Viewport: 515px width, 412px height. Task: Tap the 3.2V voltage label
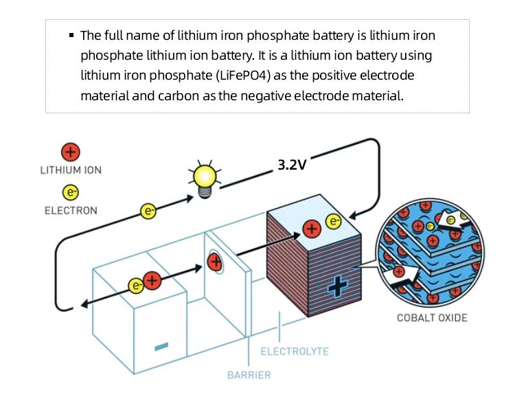292,165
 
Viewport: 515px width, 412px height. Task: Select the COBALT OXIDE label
432,317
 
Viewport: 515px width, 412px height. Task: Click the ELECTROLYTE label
295,352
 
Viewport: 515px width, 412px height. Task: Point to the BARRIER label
249,375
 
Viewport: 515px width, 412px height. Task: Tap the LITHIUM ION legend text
71,170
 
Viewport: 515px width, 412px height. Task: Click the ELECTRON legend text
71,210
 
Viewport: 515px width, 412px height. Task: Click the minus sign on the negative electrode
161,345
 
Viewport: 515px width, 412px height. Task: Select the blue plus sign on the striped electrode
335,287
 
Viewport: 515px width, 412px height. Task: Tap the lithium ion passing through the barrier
215,262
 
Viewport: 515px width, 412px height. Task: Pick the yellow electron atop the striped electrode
333,222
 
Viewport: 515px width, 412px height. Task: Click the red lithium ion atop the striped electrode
312,228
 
